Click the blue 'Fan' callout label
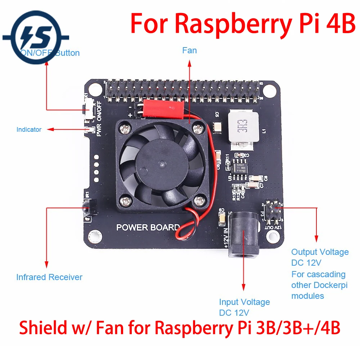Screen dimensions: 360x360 [x=189, y=50]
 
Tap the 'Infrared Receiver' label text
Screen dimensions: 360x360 [x=49, y=277]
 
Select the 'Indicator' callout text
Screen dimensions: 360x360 [x=29, y=130]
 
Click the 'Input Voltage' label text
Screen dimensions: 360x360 [x=244, y=302]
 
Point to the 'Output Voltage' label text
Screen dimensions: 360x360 [x=320, y=252]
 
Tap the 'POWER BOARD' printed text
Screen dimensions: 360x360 [x=148, y=227]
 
